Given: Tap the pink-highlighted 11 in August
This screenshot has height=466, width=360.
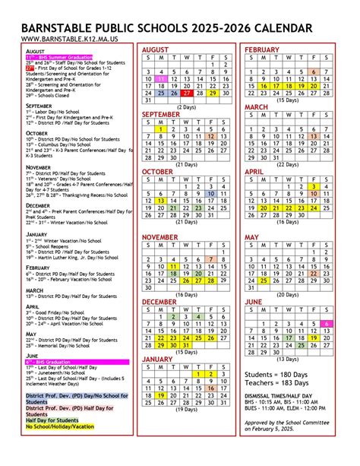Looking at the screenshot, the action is point(162,78).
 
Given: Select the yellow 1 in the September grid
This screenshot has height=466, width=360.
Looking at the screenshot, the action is point(162,130).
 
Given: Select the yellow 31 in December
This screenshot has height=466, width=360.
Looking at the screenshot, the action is point(187,345).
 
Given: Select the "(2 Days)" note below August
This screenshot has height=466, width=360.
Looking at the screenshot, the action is point(187,107).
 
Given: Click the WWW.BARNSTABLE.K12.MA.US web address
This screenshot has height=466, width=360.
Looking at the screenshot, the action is point(58,37).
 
